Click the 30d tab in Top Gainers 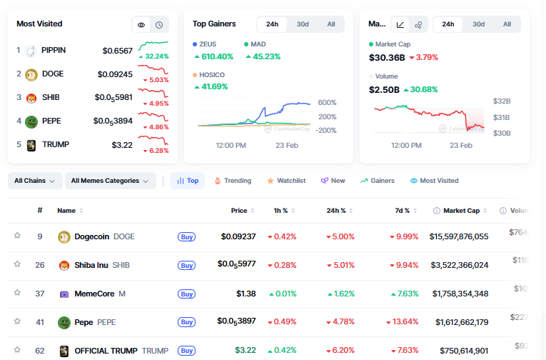click(x=303, y=24)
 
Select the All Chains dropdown click(x=35, y=181)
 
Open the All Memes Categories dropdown click(x=111, y=181)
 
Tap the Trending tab click(x=233, y=181)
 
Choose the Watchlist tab click(x=285, y=181)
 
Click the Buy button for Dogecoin click(x=186, y=236)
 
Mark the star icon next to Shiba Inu click(x=17, y=264)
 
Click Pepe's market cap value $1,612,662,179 click(x=458, y=322)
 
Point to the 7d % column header click(x=402, y=211)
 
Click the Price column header click(x=238, y=211)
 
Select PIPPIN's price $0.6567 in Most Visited click(x=118, y=51)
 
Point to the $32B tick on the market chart click(x=502, y=102)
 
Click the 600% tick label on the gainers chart click(x=328, y=103)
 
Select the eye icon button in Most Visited click(x=141, y=24)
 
